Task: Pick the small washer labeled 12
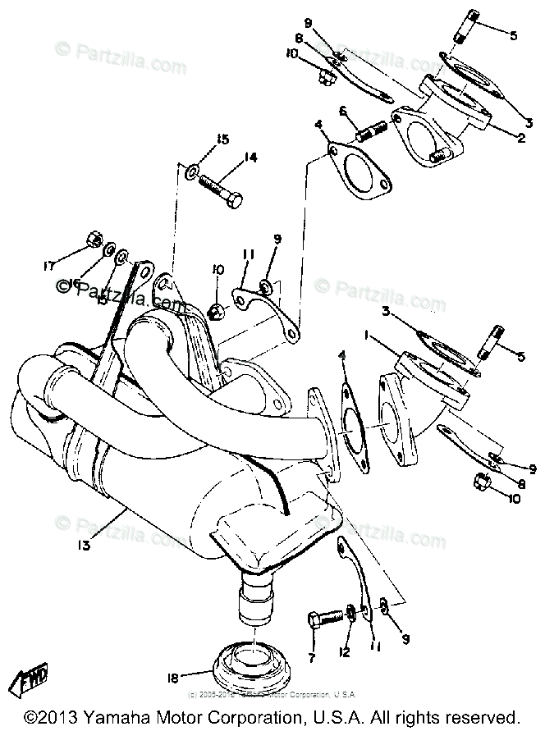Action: pos(351,612)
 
